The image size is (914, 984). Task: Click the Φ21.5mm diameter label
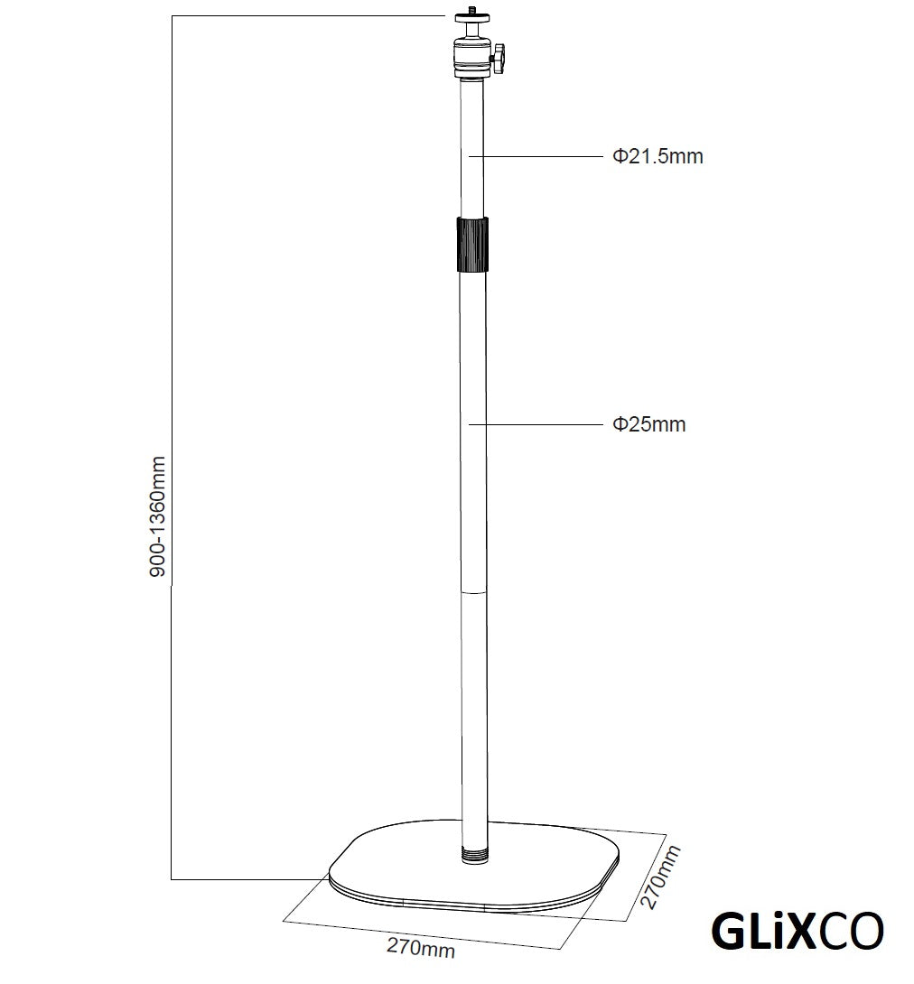point(658,156)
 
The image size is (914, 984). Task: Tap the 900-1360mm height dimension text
point(157,515)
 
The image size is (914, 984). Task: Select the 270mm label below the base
point(421,949)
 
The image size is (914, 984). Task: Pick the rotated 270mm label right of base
point(659,877)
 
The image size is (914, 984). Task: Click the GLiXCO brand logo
point(797,933)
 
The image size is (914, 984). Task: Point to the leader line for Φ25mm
point(542,423)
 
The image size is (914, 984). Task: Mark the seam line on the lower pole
point(472,593)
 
